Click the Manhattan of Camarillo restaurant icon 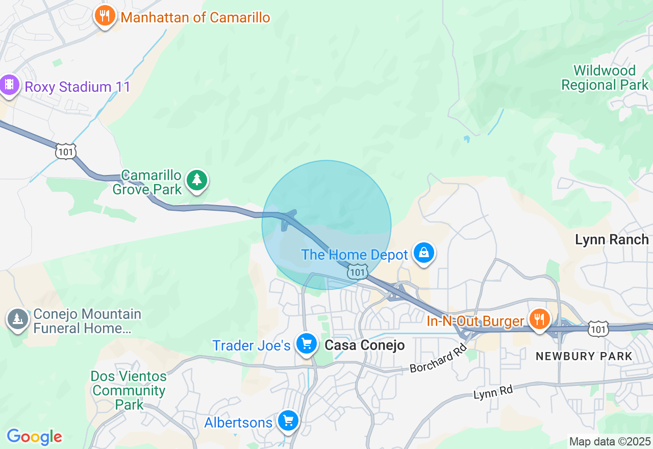click(x=105, y=16)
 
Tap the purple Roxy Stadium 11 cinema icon click(x=9, y=85)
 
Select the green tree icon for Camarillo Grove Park click(x=197, y=180)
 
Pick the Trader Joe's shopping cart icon click(x=306, y=343)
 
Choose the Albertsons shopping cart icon click(x=288, y=421)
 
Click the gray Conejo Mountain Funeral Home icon click(x=17, y=319)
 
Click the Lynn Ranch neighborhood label click(x=612, y=239)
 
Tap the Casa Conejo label click(x=365, y=345)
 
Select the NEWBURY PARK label click(x=584, y=356)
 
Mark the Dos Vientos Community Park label click(x=129, y=391)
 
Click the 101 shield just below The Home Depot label click(x=357, y=272)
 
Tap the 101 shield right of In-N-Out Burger click(x=597, y=329)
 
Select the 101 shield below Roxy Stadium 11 click(x=66, y=152)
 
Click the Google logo click(x=34, y=437)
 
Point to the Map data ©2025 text click(x=610, y=441)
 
